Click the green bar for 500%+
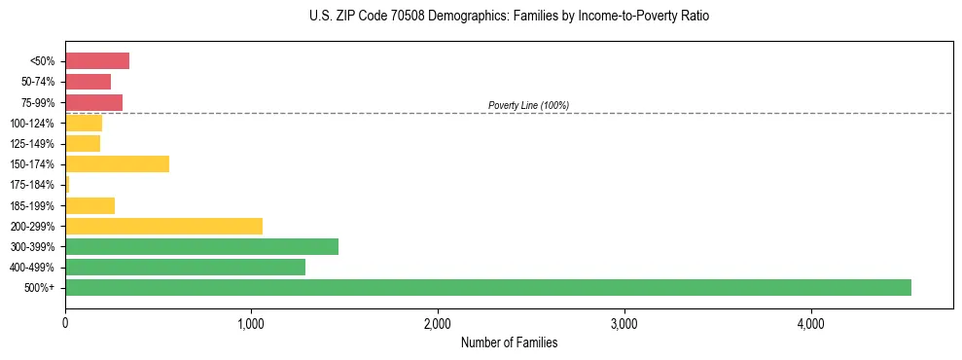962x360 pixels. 487,287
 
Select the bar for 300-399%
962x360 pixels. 201,246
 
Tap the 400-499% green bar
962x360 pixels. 185,267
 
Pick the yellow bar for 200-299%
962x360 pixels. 163,226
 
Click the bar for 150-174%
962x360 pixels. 117,163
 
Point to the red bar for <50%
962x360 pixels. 97,61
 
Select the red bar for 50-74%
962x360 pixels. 88,82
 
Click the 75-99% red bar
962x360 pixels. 93,102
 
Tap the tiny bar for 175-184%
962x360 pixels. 67,184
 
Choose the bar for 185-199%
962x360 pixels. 89,205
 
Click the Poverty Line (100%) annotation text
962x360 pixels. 528,105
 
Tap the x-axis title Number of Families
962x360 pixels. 509,342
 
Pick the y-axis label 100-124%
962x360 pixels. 32,124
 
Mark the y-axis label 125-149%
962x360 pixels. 32,144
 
